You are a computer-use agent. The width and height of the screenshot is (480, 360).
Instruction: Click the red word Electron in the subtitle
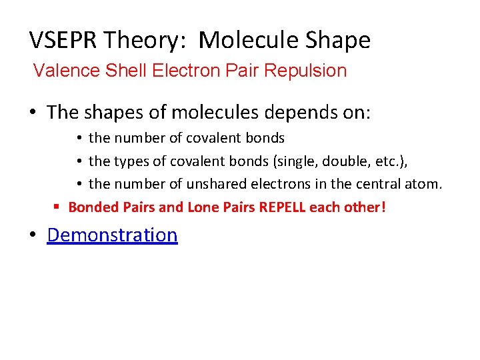(x=180, y=71)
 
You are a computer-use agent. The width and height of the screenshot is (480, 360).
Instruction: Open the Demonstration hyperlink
(x=112, y=235)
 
